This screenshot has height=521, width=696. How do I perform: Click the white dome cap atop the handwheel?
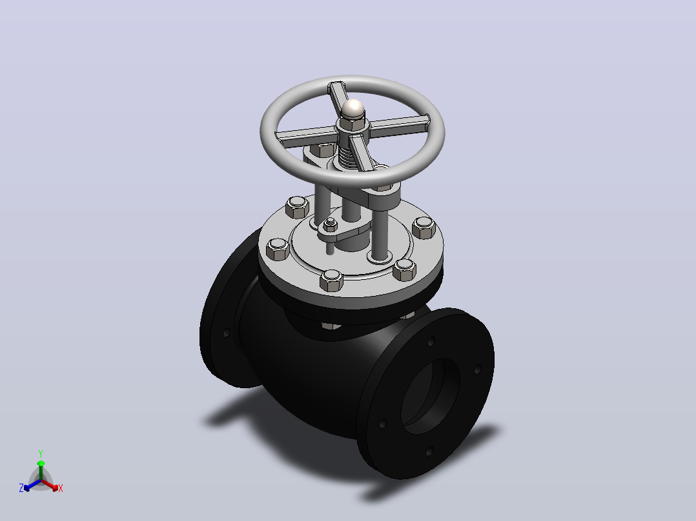point(353,108)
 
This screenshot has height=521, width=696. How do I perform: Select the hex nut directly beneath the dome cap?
point(353,124)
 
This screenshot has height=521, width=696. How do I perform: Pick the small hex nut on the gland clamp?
point(331,224)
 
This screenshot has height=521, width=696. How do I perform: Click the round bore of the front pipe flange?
point(431,397)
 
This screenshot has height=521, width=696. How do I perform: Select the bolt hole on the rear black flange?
point(227,332)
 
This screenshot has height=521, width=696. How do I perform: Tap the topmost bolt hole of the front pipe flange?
point(431,342)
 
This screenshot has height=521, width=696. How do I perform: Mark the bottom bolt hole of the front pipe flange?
point(429,451)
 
